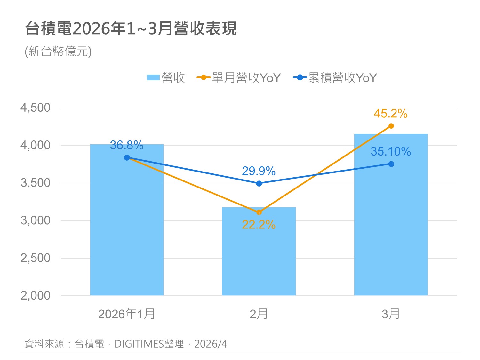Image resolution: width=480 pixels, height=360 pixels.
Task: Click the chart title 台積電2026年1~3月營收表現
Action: pyautogui.click(x=131, y=28)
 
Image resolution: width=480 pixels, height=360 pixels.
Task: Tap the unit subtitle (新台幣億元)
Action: pyautogui.click(x=58, y=51)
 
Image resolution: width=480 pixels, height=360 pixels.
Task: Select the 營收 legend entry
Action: pyautogui.click(x=166, y=78)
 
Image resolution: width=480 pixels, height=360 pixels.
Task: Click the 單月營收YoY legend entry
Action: pyautogui.click(x=239, y=78)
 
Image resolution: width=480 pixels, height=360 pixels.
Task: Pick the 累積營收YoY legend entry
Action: pyautogui.click(x=335, y=78)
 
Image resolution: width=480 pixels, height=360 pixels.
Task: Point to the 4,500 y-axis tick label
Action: pyautogui.click(x=36, y=108)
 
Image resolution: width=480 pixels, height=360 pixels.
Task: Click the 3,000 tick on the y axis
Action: pyautogui.click(x=36, y=220)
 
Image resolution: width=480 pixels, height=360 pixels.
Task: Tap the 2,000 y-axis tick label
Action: pyautogui.click(x=36, y=296)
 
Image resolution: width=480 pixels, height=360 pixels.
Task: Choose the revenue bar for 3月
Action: pyautogui.click(x=391, y=224)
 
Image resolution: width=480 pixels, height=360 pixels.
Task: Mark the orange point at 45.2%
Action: pyautogui.click(x=391, y=126)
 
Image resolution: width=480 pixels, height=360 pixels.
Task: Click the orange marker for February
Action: pyautogui.click(x=259, y=212)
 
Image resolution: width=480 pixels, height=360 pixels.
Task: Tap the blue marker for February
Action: pyautogui.click(x=259, y=184)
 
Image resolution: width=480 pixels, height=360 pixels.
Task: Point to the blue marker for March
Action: pyautogui.click(x=391, y=164)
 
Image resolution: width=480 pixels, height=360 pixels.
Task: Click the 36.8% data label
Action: pyautogui.click(x=127, y=145)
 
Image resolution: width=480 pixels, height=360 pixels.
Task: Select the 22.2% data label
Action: pyautogui.click(x=259, y=225)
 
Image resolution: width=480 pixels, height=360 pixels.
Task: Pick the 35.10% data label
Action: pyautogui.click(x=391, y=152)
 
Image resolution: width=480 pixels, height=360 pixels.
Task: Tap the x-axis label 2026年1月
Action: pyautogui.click(x=127, y=314)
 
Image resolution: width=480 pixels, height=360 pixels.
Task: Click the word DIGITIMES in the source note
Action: pyautogui.click(x=139, y=344)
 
